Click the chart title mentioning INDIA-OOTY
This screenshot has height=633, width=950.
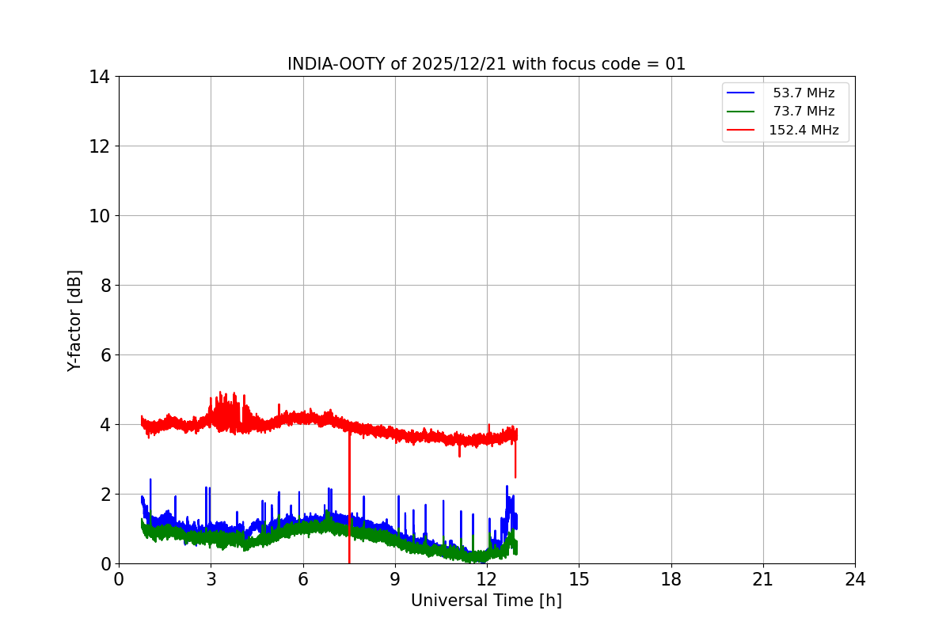click(486, 64)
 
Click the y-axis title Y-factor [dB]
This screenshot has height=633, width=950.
click(74, 320)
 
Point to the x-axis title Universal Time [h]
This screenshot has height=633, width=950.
click(486, 601)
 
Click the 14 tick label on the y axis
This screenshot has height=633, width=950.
click(99, 77)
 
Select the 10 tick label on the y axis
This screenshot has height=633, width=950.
click(99, 216)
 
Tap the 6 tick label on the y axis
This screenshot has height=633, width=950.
click(104, 355)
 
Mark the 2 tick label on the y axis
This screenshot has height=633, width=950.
click(104, 495)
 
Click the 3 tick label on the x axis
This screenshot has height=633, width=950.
click(211, 579)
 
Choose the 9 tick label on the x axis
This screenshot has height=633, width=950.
click(395, 579)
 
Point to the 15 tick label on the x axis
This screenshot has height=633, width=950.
click(579, 579)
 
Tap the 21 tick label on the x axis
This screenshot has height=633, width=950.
click(763, 579)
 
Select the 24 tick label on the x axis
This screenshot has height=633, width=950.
click(855, 579)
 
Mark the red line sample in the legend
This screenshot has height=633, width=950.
click(741, 131)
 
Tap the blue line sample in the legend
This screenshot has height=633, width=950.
click(741, 93)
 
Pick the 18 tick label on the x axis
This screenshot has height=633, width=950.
click(671, 579)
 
